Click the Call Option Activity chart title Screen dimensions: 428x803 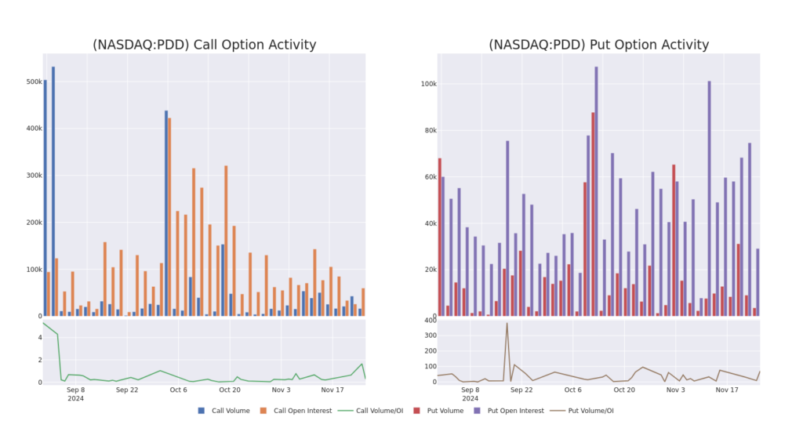[x=204, y=45]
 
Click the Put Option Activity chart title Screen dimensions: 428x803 [x=598, y=45]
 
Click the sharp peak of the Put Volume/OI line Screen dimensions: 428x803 [x=507, y=323]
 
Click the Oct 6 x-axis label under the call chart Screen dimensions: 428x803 [x=178, y=389]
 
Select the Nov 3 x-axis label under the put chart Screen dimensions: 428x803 [x=675, y=389]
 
